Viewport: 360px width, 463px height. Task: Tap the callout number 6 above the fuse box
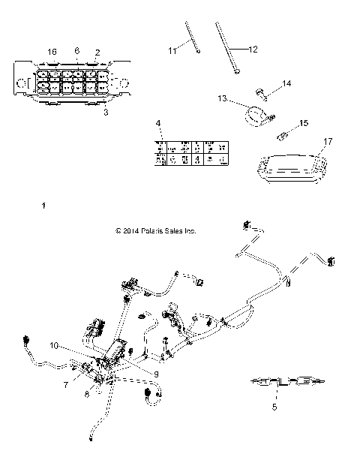tap(76, 50)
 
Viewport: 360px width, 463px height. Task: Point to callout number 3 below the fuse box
tap(106, 112)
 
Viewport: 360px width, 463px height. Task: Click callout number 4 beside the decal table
tap(157, 122)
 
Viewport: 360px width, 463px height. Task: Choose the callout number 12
tap(253, 49)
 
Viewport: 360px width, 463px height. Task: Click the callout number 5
tap(274, 407)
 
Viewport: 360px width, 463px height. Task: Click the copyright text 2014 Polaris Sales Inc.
tap(156, 232)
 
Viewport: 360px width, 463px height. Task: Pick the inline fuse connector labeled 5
tap(286, 383)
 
